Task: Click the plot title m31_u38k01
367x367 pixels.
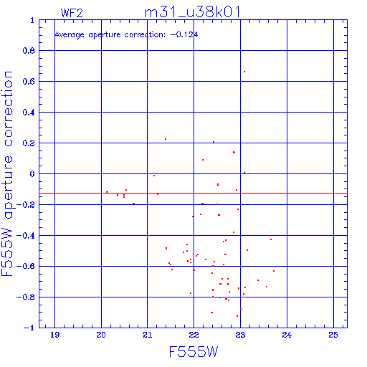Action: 192,12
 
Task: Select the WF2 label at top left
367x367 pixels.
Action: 72,13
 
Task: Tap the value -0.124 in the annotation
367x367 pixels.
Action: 184,34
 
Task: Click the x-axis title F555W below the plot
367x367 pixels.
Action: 194,352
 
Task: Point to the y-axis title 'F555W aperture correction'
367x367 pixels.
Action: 7,173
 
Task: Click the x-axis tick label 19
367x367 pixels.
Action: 54,335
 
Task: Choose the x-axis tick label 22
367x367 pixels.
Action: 194,335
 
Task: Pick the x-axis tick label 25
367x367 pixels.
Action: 333,335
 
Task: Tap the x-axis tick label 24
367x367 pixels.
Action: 287,335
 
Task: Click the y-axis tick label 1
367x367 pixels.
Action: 32,20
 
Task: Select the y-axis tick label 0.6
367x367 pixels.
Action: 29,82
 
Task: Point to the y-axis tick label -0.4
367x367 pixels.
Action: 26,236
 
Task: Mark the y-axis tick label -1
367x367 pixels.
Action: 29,328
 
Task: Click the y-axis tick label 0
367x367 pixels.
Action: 32,174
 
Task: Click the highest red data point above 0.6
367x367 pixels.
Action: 244,72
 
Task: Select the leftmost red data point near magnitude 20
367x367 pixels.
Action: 107,192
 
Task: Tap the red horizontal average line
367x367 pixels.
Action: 193,193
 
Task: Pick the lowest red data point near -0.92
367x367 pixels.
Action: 237,316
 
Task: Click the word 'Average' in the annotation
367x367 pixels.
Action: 70,35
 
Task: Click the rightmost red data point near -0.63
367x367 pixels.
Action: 274,271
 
